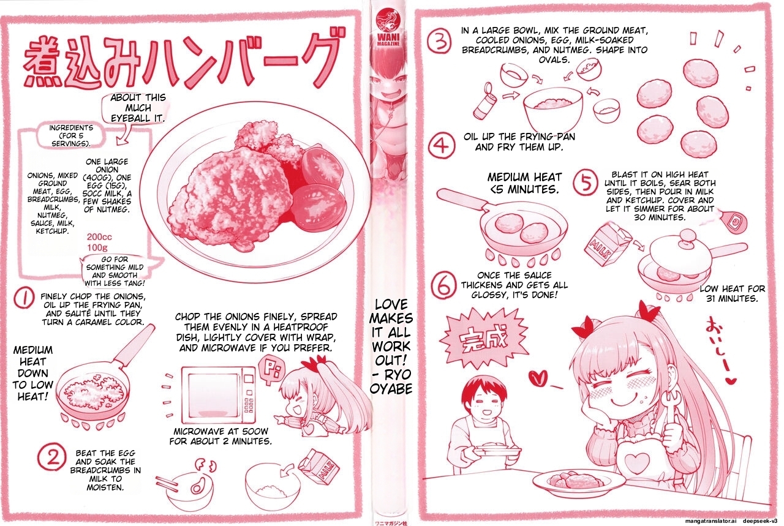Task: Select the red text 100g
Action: point(98,247)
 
